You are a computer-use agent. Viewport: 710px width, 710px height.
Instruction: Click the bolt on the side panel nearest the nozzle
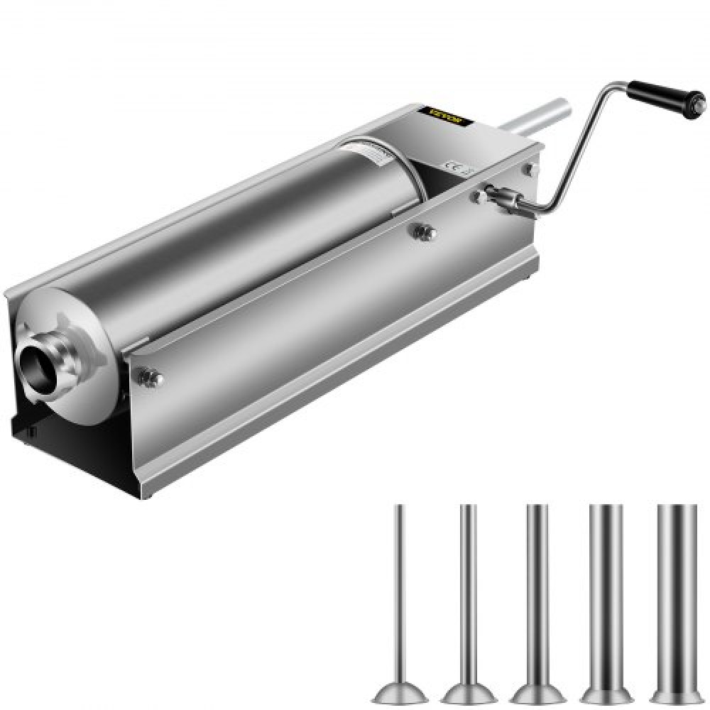(150, 377)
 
